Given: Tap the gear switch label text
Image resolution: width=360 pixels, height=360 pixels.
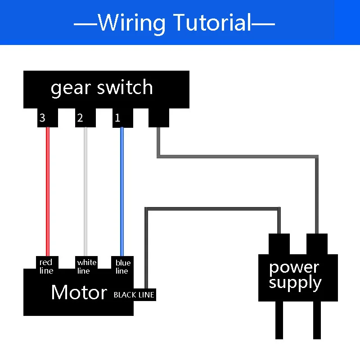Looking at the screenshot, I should coord(102,87).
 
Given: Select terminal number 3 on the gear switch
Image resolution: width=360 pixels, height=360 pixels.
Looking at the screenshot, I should coord(43,118).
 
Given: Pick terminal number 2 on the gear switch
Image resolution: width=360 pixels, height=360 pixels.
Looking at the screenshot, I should coord(81,118).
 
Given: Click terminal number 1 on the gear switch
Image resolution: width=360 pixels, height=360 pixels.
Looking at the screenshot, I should coord(118,118).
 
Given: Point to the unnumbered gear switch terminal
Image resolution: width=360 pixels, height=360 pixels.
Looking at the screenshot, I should coord(158,118).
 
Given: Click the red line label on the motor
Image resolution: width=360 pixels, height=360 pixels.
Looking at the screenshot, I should coord(46,266).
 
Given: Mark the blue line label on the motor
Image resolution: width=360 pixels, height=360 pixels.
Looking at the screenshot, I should coord(122,266).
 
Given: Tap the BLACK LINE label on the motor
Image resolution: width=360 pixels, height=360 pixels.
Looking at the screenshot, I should coord(134,295).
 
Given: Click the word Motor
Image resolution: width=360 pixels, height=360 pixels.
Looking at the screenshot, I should coord(79,292).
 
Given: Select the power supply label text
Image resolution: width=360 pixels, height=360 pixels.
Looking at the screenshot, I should coord(295,275).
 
